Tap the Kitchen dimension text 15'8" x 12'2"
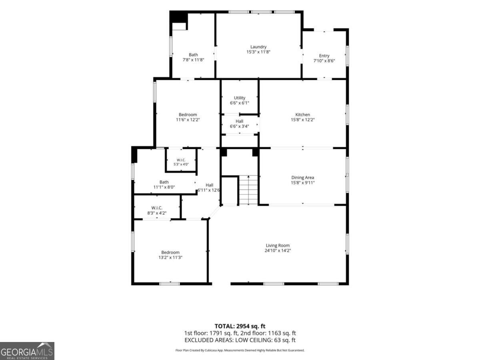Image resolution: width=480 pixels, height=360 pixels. [x=303, y=120]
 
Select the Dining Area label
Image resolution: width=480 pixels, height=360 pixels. [x=303, y=178]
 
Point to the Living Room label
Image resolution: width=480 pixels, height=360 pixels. [x=278, y=246]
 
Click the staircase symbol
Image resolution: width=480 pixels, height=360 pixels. [x=248, y=190]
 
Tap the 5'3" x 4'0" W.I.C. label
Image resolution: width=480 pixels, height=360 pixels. [x=181, y=162]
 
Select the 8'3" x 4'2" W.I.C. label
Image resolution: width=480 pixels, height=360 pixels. [x=157, y=210]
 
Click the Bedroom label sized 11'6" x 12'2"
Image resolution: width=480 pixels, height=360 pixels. [x=188, y=117]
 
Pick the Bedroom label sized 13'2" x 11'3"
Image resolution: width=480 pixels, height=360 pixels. [x=170, y=255]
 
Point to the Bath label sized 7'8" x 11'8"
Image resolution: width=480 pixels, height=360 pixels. [x=193, y=57]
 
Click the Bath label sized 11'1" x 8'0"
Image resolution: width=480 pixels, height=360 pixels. [x=164, y=184]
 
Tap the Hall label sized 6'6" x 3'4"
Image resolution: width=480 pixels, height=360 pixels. [x=240, y=124]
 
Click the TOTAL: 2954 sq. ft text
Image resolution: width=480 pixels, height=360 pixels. [x=240, y=326]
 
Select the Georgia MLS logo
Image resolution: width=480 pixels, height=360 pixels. [x=27, y=351]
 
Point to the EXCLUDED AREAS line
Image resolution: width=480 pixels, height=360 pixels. [x=240, y=340]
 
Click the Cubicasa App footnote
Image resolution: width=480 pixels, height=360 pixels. [x=240, y=350]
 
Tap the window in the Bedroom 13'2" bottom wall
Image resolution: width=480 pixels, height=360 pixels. [x=170, y=284]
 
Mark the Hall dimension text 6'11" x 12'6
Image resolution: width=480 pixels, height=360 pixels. [x=209, y=190]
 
